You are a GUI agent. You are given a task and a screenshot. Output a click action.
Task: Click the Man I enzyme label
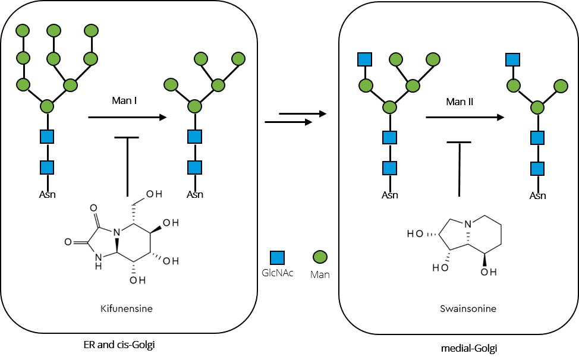coord(125,100)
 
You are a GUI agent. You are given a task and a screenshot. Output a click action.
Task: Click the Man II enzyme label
coord(460,102)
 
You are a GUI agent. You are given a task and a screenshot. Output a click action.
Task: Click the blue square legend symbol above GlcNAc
coord(278,257)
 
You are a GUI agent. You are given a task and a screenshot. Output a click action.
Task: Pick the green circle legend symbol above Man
coord(320,257)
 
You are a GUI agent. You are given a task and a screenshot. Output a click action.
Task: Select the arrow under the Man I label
coord(127,118)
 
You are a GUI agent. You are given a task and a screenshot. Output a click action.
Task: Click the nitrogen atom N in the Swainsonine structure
coord(469,225)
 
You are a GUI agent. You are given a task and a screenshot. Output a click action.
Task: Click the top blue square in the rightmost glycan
coord(512,59)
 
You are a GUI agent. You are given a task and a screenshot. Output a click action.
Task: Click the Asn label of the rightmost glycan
coord(537,195)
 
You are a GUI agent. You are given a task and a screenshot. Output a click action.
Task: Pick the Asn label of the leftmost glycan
coord(47,194)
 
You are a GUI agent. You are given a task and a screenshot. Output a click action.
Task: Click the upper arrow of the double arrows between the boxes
coord(303,113)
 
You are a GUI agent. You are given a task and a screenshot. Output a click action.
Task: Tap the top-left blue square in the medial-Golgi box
coord(364,59)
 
